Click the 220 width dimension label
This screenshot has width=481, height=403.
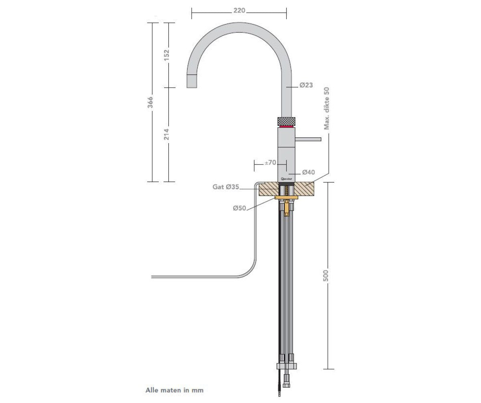click(239, 11)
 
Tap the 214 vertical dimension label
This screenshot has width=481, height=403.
click(166, 134)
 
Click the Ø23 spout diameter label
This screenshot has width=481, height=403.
click(306, 85)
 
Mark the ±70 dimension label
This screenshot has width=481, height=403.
click(271, 162)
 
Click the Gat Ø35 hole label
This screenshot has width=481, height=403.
click(226, 187)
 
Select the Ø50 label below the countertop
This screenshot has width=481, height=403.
click(240, 208)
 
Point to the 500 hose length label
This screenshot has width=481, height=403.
click(326, 275)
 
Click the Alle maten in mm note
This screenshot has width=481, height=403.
click(174, 389)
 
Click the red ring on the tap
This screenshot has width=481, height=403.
click(286, 127)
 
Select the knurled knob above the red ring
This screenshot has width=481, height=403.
click(286, 121)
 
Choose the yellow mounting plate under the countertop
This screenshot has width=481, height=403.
click(287, 198)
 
